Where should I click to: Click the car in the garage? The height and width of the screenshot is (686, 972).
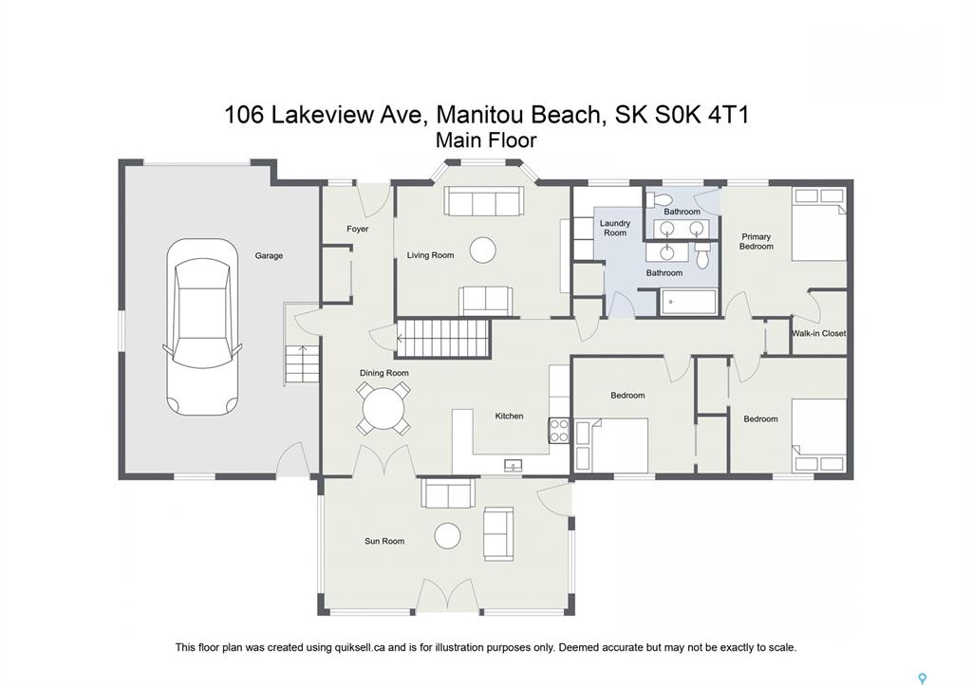tap(202, 326)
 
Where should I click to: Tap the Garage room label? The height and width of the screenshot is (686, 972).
tap(269, 255)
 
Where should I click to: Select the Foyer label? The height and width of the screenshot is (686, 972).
tap(358, 229)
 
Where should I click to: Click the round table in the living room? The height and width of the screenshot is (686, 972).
tap(483, 250)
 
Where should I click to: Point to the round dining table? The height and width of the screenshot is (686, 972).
tap(383, 409)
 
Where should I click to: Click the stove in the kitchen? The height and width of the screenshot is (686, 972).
tap(558, 431)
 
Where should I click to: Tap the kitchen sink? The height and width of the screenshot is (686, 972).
tap(514, 465)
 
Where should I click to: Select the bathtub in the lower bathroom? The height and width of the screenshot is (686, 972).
tap(689, 303)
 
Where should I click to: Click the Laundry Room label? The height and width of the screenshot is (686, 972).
tap(615, 228)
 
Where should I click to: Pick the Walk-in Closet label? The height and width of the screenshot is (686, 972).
tap(818, 333)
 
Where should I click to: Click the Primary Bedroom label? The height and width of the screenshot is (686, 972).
tap(757, 241)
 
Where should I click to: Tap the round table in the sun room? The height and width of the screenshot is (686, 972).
tap(448, 536)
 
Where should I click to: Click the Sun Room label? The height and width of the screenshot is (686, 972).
tap(384, 541)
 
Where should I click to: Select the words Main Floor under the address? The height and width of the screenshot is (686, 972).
tap(486, 140)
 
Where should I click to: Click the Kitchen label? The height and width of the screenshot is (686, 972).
tap(509, 416)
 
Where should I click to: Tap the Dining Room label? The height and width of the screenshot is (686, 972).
tap(383, 373)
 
